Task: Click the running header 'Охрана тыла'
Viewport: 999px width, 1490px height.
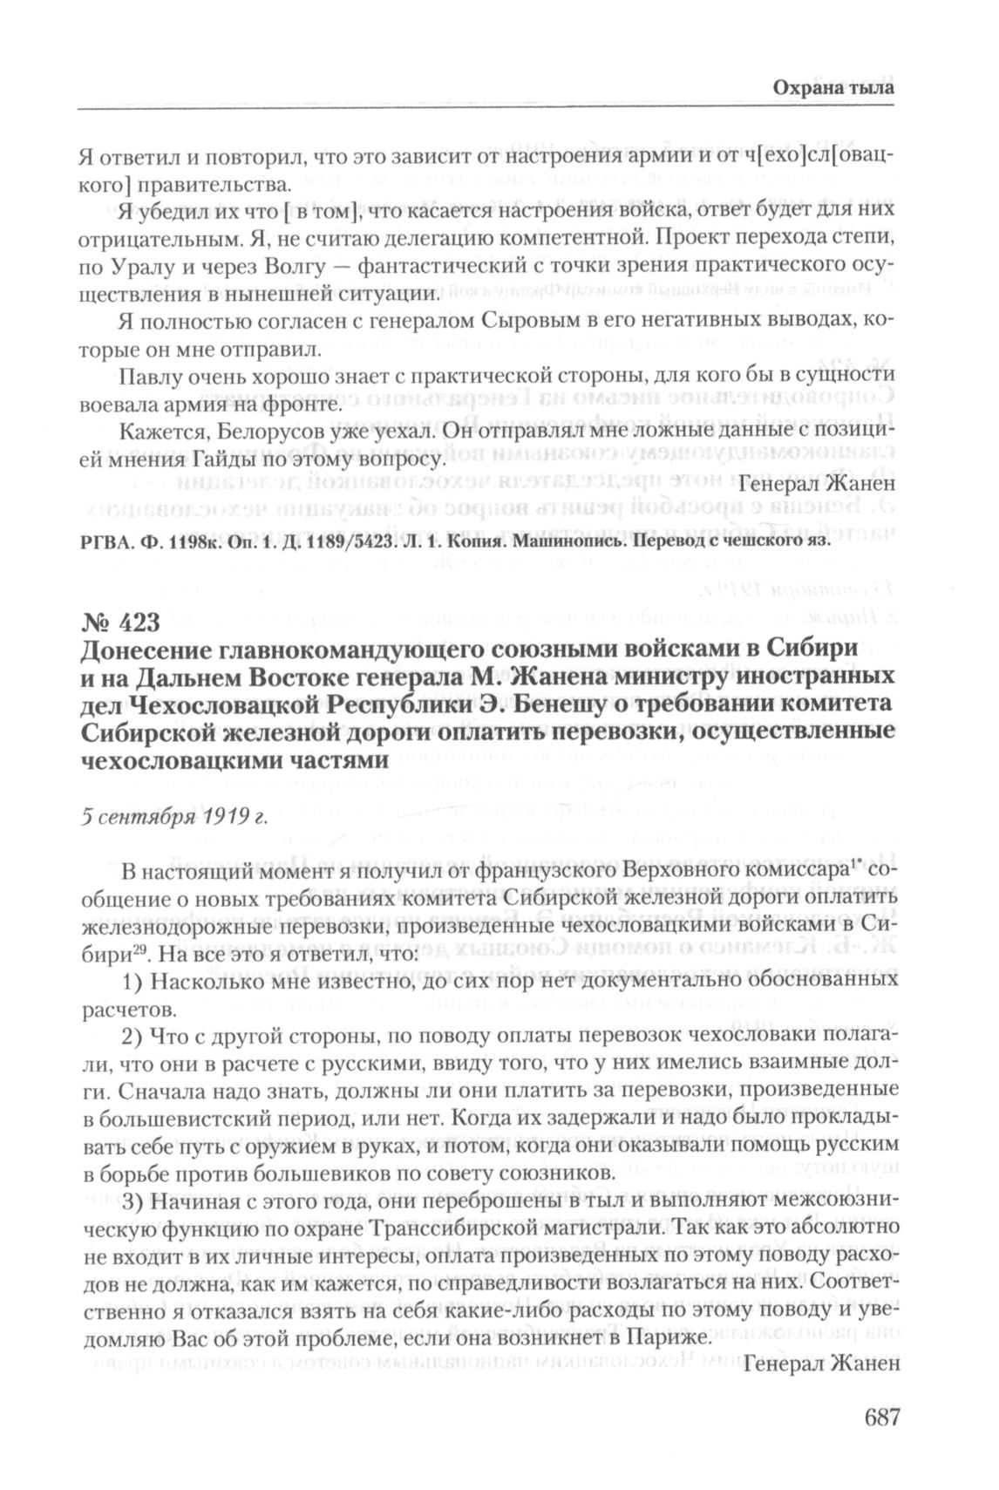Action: click(834, 89)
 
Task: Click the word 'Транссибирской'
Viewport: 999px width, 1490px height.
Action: click(488, 1228)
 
